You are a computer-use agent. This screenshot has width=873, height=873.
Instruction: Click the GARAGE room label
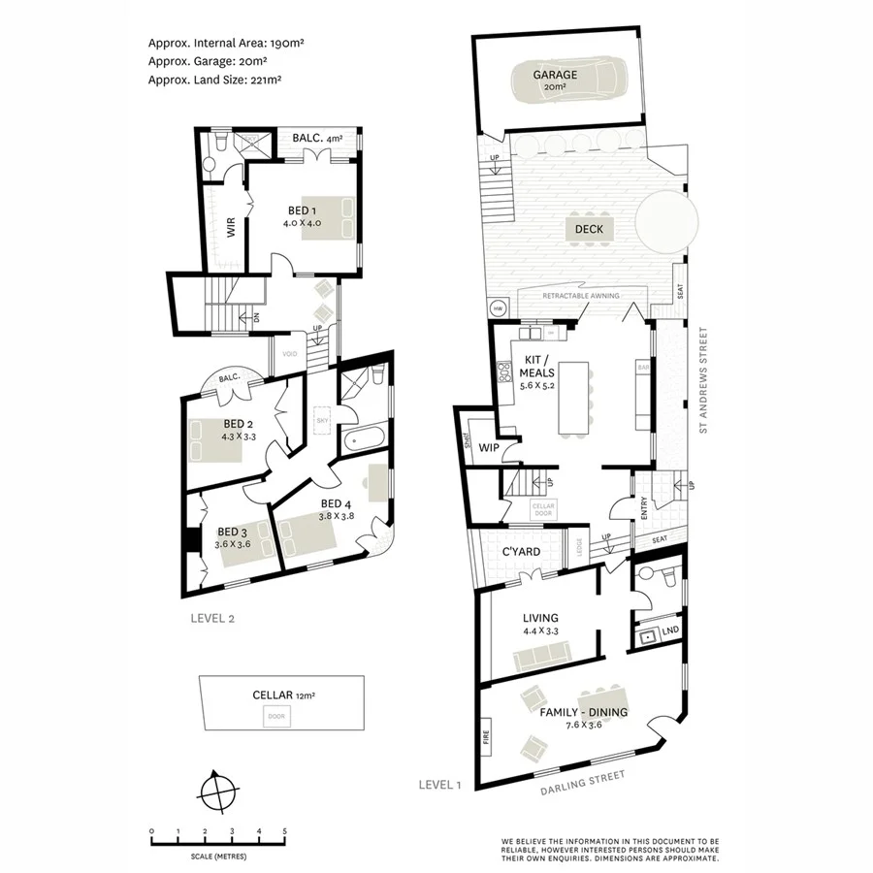tap(555, 75)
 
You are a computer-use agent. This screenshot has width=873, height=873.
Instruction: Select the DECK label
tap(589, 230)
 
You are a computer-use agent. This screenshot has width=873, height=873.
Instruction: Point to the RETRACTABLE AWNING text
tap(580, 296)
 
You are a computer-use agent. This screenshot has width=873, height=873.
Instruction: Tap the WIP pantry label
tap(488, 449)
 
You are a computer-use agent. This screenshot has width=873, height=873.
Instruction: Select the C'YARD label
tap(520, 553)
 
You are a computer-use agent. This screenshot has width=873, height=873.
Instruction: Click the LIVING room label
tap(541, 618)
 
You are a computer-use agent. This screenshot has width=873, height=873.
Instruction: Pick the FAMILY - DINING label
tap(585, 713)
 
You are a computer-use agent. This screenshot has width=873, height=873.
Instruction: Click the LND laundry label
tap(669, 632)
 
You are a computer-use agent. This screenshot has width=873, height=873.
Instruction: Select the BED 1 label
tap(303, 210)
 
